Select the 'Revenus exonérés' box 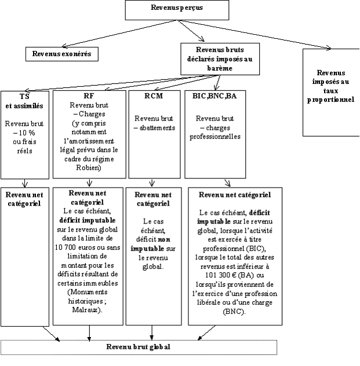[x=62, y=53]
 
